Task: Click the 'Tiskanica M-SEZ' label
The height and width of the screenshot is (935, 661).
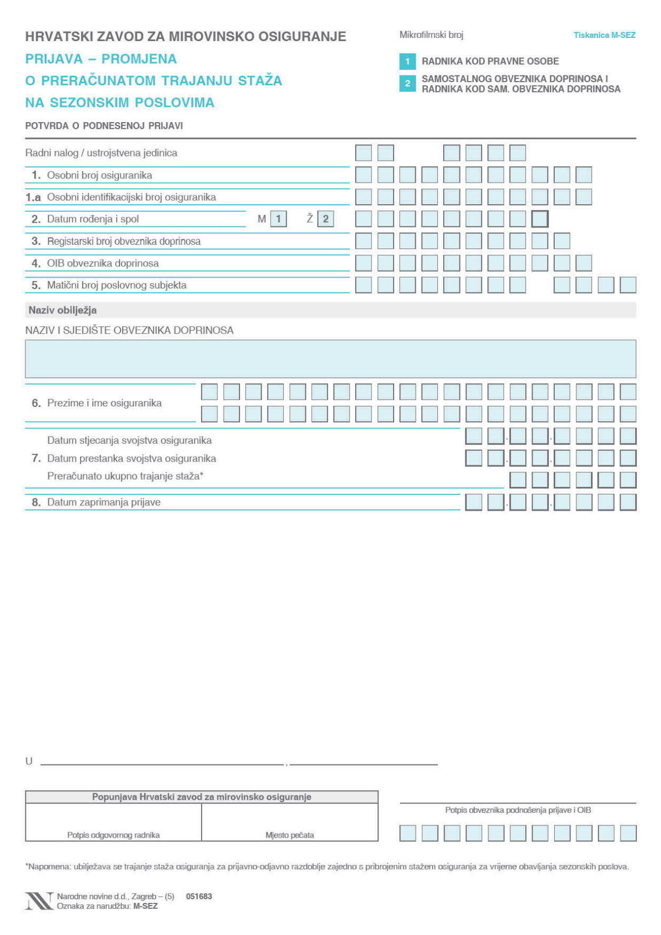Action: click(x=604, y=35)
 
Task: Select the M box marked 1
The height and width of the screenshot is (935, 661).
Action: click(x=278, y=219)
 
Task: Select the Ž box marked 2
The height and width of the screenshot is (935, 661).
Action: click(x=326, y=219)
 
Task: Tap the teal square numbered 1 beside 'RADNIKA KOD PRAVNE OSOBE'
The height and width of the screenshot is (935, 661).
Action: click(x=407, y=62)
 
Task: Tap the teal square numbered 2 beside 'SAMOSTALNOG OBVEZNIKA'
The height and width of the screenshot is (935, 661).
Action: click(x=407, y=84)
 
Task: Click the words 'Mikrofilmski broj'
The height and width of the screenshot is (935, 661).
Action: click(x=431, y=35)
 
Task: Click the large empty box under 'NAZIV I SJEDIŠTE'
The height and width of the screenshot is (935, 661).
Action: click(x=330, y=359)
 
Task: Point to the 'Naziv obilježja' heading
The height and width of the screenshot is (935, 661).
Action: click(x=63, y=310)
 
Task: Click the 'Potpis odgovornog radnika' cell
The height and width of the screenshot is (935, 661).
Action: click(x=113, y=822)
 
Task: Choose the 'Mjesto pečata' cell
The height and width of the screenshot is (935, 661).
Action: click(x=290, y=822)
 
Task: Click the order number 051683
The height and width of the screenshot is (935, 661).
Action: click(x=199, y=896)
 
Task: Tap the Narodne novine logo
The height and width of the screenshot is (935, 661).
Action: click(x=39, y=901)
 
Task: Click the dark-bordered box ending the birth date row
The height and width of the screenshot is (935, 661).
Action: click(x=540, y=219)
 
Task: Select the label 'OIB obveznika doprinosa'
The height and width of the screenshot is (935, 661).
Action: click(x=103, y=263)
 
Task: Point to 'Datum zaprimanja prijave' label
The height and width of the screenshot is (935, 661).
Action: click(x=104, y=502)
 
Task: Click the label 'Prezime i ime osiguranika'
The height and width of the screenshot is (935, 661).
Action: click(x=104, y=403)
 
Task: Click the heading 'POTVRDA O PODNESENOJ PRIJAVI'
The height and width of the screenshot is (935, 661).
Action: click(x=104, y=126)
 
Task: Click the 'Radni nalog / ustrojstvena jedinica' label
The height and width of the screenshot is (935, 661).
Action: click(x=101, y=153)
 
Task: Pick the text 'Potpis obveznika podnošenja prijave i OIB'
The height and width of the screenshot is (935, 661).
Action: click(x=518, y=810)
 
